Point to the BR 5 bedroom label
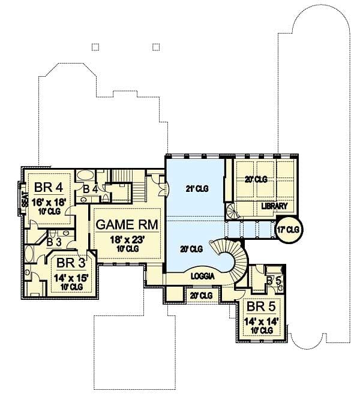click(x=261, y=307)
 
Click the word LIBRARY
click(x=274, y=206)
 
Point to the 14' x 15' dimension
click(x=71, y=277)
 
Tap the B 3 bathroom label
click(x=53, y=242)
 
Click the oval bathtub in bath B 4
click(x=86, y=175)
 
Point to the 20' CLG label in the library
click(x=256, y=179)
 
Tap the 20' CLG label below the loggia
click(x=201, y=295)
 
